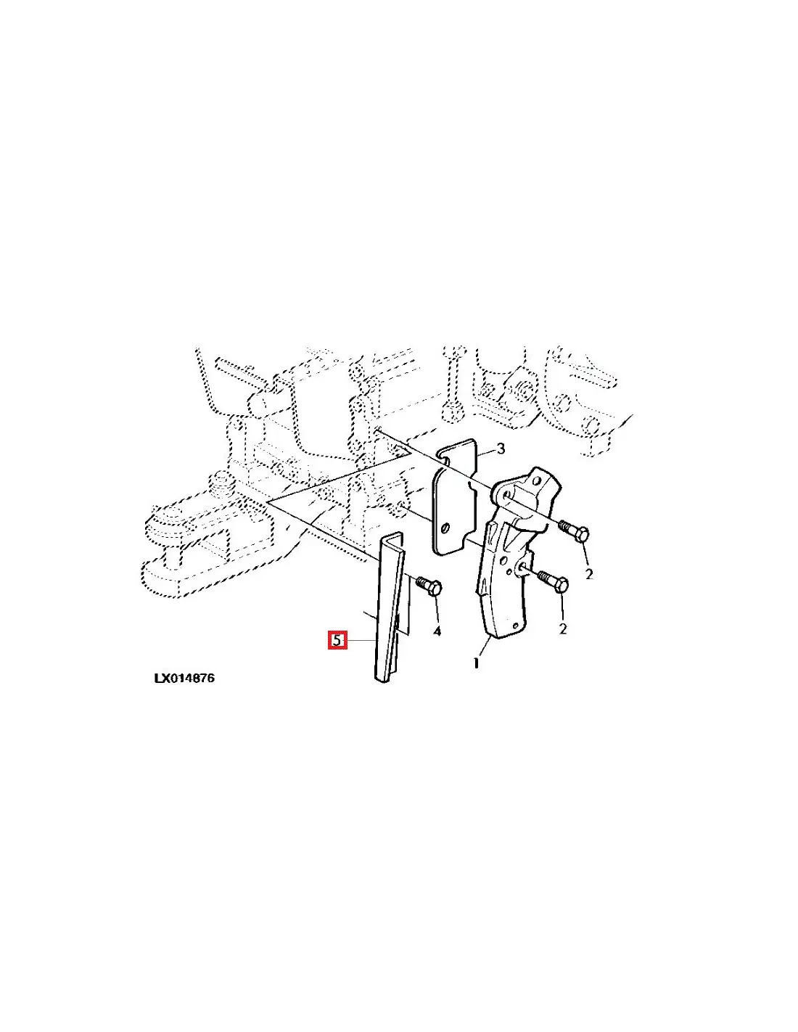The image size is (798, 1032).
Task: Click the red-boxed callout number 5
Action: [337, 641]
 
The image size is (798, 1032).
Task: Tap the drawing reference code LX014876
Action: [184, 679]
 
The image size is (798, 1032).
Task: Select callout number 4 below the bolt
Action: [437, 631]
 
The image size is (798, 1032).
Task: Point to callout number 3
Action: [500, 449]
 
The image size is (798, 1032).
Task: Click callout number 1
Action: [476, 663]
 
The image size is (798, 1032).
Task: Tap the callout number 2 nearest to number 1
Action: [563, 628]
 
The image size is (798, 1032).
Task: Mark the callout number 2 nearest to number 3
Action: [589, 574]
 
